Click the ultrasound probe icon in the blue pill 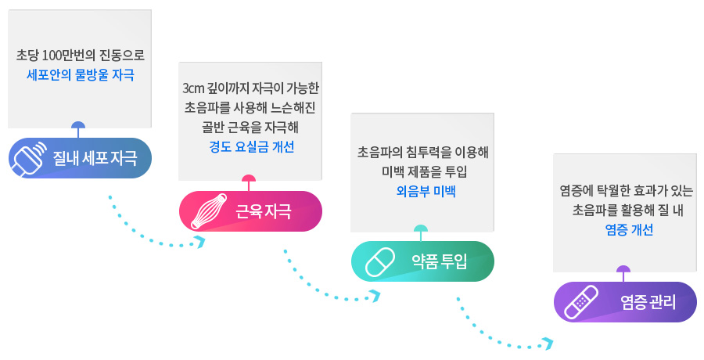(x=29, y=158)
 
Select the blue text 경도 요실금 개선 (x=249, y=146)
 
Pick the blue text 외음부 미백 (x=422, y=190)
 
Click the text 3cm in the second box (x=192, y=88)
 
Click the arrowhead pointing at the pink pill (x=200, y=242)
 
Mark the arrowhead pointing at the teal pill (x=375, y=296)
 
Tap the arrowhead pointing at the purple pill (x=548, y=343)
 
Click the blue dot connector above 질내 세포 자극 (x=77, y=126)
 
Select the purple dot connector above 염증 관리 (x=623, y=270)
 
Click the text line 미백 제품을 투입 (x=422, y=171)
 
